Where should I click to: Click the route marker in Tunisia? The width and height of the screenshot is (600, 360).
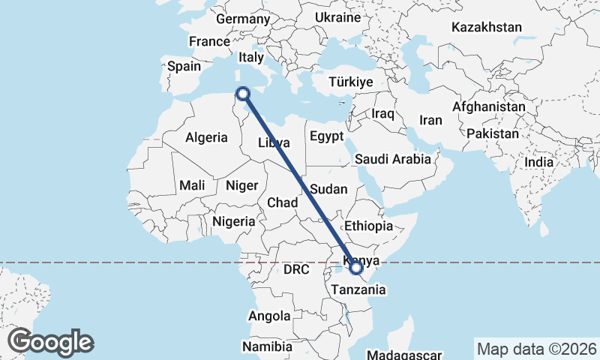coord(242,94)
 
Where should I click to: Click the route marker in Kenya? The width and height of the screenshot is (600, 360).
coord(356,267)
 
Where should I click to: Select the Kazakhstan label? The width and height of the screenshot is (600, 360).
coord(486,27)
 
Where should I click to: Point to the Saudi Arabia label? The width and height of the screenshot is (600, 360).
coord(393,159)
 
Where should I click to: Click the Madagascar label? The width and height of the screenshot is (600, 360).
coord(406,354)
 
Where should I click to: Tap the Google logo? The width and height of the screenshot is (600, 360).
coord(50,342)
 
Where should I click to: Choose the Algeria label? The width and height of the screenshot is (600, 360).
coord(206,137)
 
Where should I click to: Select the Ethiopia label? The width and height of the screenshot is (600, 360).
coord(367,226)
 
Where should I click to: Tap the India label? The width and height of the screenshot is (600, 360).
coord(538,161)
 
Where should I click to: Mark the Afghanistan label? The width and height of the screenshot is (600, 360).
coord(489,106)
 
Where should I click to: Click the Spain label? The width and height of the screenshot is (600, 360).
coord(184,66)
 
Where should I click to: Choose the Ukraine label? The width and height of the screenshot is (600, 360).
coord(337,16)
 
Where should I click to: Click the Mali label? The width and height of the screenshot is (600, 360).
coord(192,185)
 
